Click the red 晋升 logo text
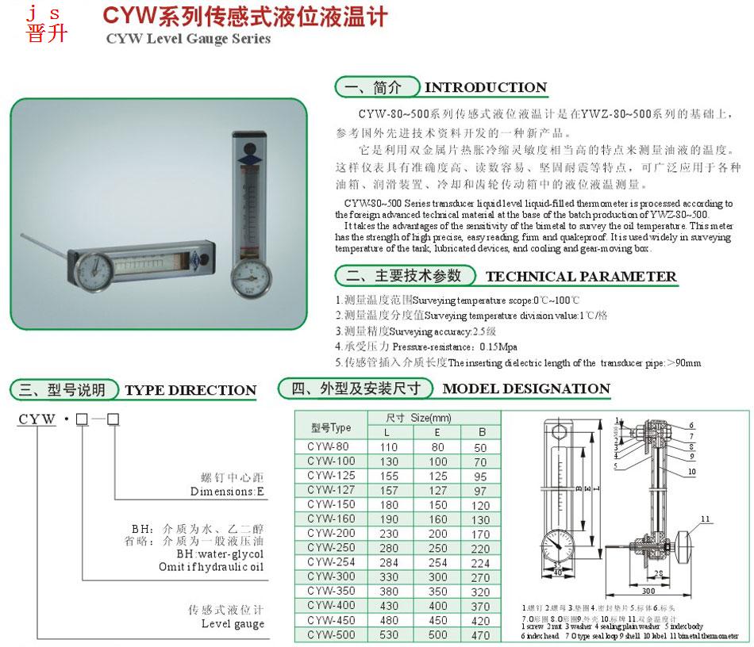pos(47,34)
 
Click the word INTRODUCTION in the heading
pos(486,87)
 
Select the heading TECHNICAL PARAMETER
pos(580,277)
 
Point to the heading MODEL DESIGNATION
pos(526,389)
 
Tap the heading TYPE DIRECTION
pos(190,390)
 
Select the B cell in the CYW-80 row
pos(480,447)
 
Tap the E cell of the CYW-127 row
pos(437,490)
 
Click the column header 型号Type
pos(330,427)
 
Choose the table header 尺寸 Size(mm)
pos(418,419)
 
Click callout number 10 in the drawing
pos(691,471)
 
